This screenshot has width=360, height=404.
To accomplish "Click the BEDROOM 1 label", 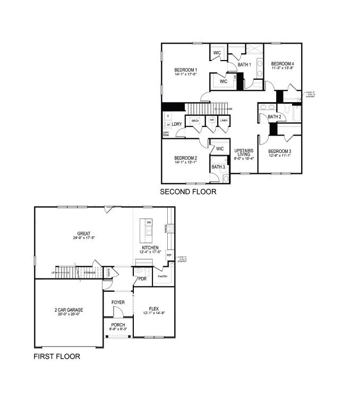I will pos(186,70).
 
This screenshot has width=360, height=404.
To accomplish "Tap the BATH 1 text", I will pos(244,65).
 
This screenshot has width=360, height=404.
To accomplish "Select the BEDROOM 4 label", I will pos(282,64).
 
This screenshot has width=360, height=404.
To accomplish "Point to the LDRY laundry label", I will pos(177,124).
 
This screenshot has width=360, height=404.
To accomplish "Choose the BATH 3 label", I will pos(218,167).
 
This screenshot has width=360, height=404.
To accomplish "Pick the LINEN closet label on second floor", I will pos(224,121).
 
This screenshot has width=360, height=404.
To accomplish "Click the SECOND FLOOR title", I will pos(188,192).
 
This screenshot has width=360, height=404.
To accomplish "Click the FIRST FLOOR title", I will pos(56,357).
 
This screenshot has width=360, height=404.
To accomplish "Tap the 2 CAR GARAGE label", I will pos(68,309).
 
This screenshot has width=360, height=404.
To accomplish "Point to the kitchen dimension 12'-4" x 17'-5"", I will pos(150,252).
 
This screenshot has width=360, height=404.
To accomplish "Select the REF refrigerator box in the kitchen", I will pos(170,254).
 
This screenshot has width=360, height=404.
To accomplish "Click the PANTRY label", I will pos(163,276).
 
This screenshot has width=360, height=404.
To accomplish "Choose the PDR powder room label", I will pos(142,279).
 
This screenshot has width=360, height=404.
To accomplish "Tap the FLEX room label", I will pos(154,308).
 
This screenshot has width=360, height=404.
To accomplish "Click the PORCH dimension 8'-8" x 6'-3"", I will pos(117,330).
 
